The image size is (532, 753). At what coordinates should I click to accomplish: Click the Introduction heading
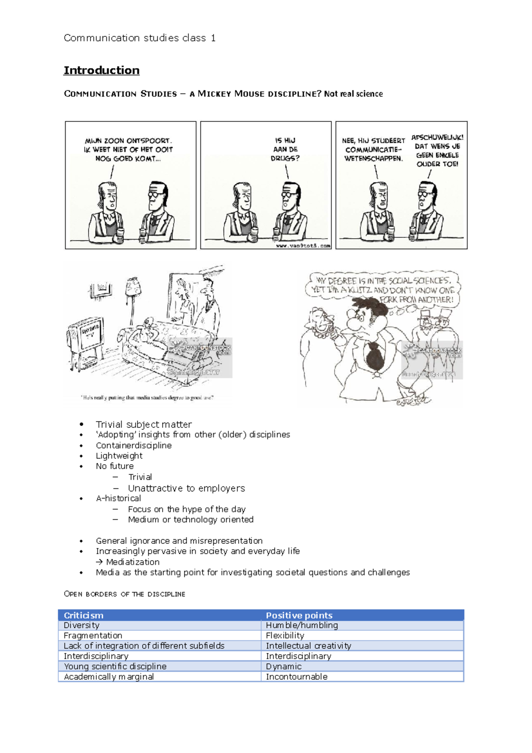(102, 71)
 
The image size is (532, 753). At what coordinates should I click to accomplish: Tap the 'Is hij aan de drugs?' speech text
(285, 149)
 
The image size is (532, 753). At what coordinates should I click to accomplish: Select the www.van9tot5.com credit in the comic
(303, 245)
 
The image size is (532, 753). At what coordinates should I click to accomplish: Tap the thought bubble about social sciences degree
(383, 289)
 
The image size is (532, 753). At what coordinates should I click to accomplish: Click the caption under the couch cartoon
(147, 398)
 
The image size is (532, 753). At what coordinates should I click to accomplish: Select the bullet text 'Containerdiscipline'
(133, 445)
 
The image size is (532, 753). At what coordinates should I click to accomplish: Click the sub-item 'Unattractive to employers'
(186, 488)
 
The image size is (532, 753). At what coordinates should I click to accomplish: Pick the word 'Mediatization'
(133, 562)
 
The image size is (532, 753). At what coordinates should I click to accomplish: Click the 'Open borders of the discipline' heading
(125, 594)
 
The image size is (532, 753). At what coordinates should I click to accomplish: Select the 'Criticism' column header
(83, 615)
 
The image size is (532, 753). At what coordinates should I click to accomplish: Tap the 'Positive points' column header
(299, 615)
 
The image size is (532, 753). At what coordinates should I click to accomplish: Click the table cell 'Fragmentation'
(93, 635)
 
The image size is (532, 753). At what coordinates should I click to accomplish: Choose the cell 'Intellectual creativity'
(308, 646)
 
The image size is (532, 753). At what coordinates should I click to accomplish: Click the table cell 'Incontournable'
(296, 677)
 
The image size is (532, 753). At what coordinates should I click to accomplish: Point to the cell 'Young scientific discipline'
(115, 666)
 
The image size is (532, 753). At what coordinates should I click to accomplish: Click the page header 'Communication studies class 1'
(140, 38)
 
